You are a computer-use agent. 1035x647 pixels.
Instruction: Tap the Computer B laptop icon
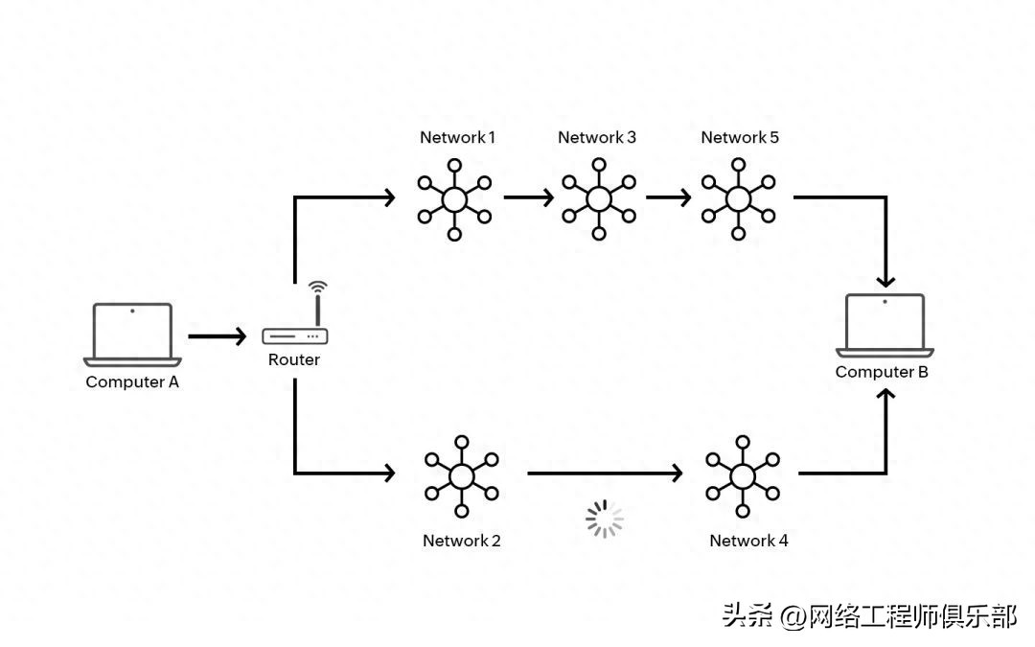pyautogui.click(x=885, y=324)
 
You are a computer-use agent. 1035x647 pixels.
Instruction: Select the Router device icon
pyautogui.click(x=295, y=336)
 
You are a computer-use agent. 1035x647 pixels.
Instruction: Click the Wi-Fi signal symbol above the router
pyautogui.click(x=317, y=286)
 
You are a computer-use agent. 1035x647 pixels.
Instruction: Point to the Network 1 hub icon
pyautogui.click(x=454, y=198)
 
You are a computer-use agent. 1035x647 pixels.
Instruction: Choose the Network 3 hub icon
pyautogui.click(x=599, y=198)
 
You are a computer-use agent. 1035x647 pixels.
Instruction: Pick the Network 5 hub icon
pyautogui.click(x=738, y=198)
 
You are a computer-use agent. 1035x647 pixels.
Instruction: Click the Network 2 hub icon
pyautogui.click(x=462, y=475)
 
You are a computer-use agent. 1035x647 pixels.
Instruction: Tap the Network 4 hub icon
pyautogui.click(x=743, y=475)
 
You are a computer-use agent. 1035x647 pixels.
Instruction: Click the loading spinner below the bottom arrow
pyautogui.click(x=604, y=519)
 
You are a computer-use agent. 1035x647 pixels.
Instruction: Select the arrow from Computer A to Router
pyautogui.click(x=218, y=336)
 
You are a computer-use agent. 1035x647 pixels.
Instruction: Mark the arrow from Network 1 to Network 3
pyautogui.click(x=529, y=198)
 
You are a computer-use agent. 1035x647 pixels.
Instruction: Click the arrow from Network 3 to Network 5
pyautogui.click(x=669, y=198)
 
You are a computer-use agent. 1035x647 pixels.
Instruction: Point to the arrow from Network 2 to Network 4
pyautogui.click(x=605, y=473)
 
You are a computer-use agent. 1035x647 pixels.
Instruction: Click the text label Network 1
pyautogui.click(x=457, y=137)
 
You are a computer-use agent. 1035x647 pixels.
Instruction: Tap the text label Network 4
pyautogui.click(x=748, y=541)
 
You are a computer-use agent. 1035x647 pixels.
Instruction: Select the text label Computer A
pyautogui.click(x=132, y=381)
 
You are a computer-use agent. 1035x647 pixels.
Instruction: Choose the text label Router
pyautogui.click(x=294, y=359)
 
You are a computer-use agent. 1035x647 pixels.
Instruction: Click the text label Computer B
pyautogui.click(x=882, y=372)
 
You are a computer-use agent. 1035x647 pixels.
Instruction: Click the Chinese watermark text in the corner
pyautogui.click(x=869, y=615)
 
